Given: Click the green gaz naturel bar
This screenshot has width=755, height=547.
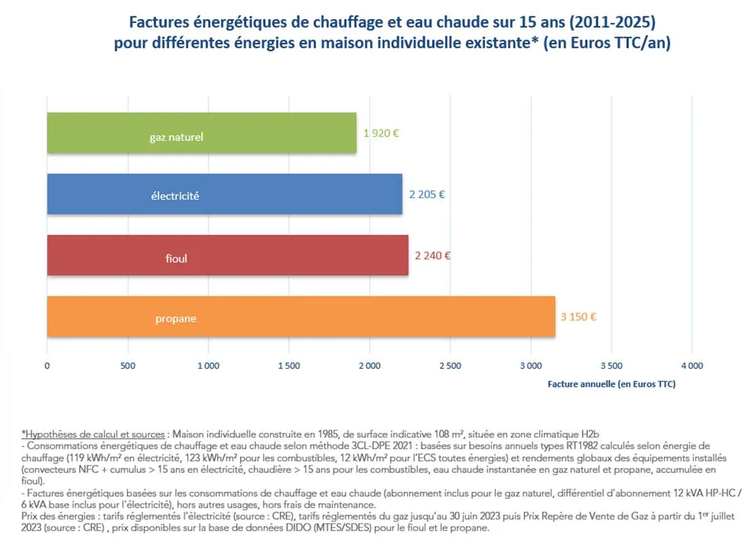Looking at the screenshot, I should [201, 133].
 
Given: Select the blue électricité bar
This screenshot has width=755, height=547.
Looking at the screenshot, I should [224, 194].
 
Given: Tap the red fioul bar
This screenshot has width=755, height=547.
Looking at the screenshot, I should [227, 255].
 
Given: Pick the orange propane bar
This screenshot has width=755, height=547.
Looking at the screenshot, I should [301, 316].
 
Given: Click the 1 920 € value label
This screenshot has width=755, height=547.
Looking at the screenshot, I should [381, 133].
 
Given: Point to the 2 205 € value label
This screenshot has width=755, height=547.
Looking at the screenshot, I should [427, 194].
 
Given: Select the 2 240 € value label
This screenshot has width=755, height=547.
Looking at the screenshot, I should [433, 256].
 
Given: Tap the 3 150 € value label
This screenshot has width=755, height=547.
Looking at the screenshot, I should [579, 316].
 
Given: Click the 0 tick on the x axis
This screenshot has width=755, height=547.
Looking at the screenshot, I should [47, 366].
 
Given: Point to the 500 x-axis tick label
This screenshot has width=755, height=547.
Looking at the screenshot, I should [128, 366].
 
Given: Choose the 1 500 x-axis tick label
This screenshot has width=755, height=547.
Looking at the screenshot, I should [288, 366].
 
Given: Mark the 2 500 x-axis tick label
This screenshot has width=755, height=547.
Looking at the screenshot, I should [450, 366].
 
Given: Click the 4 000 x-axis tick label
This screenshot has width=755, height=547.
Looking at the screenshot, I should [691, 366].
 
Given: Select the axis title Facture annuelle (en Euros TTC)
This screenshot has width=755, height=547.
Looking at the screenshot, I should [611, 384].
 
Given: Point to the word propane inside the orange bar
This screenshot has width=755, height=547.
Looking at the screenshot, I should [176, 318].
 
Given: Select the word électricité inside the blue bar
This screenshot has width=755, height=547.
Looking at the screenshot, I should [175, 196].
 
